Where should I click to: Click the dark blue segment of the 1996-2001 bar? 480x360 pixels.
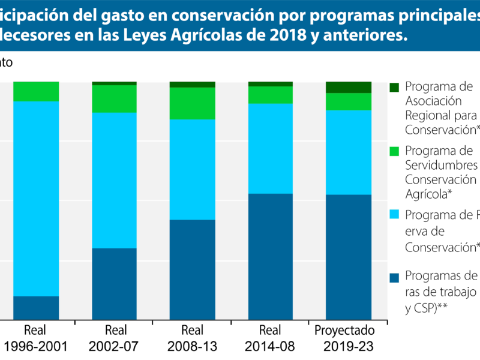[36, 308]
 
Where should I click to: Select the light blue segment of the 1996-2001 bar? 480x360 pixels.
[36, 198]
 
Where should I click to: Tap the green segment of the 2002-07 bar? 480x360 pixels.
[114, 99]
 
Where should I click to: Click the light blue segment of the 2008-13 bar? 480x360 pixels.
[192, 169]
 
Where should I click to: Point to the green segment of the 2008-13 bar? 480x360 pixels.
[192, 103]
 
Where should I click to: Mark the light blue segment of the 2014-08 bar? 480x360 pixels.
[270, 148]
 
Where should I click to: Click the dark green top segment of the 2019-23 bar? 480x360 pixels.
[348, 87]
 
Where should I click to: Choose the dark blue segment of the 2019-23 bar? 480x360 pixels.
[348, 257]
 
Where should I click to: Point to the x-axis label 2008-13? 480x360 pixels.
[192, 346]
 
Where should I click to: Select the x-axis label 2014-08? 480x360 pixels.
[270, 346]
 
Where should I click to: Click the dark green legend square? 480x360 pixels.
[394, 87]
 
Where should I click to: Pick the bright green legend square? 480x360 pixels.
[394, 151]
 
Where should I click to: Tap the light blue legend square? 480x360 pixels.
[394, 215]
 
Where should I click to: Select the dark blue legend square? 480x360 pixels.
[394, 278]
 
